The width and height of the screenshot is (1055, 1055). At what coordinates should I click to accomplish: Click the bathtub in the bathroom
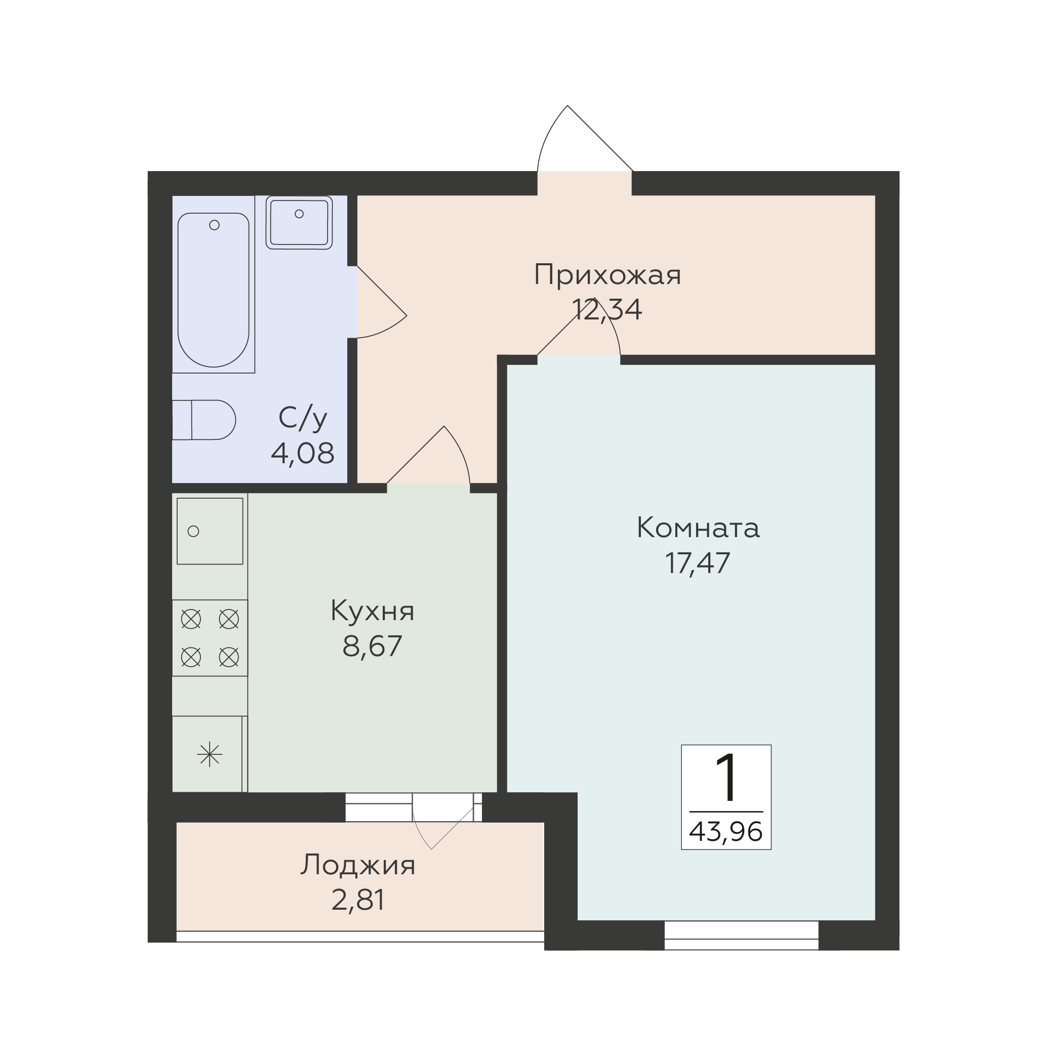coord(214,290)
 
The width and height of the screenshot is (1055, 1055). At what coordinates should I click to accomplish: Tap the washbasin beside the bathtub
coord(299,222)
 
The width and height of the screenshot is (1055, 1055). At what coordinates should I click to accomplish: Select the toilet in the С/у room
coord(204,419)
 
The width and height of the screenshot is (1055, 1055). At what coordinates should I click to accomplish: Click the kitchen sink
coord(210,531)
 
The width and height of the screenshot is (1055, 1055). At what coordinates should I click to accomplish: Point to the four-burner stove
coord(210,638)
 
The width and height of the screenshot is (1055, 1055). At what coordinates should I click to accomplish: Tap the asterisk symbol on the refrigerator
coord(210,755)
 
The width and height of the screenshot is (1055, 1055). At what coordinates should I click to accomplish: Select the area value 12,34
coord(606,310)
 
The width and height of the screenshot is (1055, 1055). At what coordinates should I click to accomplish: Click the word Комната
coord(698,528)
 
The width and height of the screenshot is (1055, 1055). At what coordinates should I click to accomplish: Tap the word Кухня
coord(373,611)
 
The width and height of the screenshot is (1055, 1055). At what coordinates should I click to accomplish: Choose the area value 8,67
coord(372,646)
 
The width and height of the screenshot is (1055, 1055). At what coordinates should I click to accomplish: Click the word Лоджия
coord(358,866)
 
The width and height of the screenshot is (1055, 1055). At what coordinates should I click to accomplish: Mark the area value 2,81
coord(358,900)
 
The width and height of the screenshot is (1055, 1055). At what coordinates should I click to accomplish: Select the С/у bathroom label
coord(303,418)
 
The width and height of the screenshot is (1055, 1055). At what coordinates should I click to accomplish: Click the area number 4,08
coord(303,453)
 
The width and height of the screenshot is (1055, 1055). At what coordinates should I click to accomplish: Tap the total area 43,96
coord(726,832)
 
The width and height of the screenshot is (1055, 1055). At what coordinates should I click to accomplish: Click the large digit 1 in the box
coord(727,778)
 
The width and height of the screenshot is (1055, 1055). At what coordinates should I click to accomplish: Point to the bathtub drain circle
coord(215,225)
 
